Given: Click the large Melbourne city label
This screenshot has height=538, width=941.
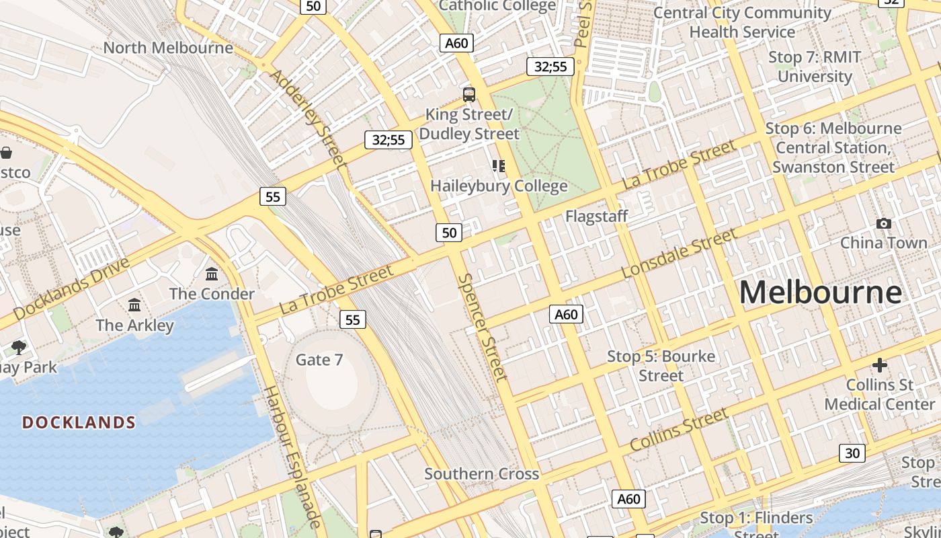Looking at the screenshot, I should coord(820,293).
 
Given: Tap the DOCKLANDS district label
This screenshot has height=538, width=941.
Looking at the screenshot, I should coord(79,422).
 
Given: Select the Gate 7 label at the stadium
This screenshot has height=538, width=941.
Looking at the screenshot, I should coord(319,360).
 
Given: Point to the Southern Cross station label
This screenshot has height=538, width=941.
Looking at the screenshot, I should coord(481,473).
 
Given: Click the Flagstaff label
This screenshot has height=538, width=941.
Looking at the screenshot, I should coord(596,216).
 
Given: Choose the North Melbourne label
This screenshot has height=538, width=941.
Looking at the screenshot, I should coord(168,48).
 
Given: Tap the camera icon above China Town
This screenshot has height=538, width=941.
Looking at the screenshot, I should coord(883,223).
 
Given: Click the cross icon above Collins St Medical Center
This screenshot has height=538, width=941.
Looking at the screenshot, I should coord(879,365).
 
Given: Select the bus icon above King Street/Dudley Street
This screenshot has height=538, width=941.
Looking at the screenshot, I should coord(469,95).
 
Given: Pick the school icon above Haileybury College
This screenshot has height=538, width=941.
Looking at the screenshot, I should coord(498,165).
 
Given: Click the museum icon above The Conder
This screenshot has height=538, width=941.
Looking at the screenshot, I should coord(212,274).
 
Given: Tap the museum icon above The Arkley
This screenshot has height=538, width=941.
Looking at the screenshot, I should coord(134,305).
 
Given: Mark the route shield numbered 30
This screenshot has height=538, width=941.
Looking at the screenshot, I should coord(852,453).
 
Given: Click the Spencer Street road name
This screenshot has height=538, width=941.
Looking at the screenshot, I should coord(482,327).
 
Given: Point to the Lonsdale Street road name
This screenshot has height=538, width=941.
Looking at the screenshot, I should coord(679,254).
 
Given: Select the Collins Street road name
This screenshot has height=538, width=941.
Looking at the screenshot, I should coord(679,429).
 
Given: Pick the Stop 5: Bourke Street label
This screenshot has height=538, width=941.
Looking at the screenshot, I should coord(661,365).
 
